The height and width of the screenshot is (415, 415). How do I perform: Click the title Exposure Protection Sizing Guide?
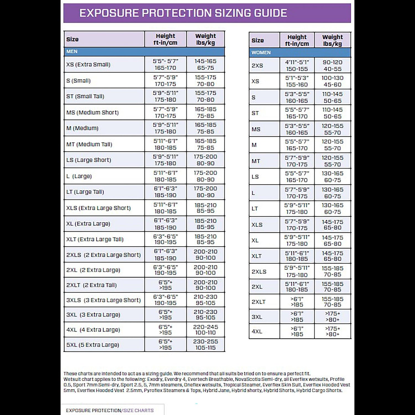click(x=183, y=13)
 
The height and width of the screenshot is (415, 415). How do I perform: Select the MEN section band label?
click(x=72, y=51)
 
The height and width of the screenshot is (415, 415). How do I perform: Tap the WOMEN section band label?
click(x=261, y=53)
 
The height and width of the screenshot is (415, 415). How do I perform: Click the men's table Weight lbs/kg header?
click(x=206, y=39)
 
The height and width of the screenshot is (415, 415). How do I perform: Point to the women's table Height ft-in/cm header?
click(x=297, y=40)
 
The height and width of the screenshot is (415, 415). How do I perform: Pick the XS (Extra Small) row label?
click(x=88, y=64)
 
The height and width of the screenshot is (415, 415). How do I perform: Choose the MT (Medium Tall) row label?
click(x=89, y=144)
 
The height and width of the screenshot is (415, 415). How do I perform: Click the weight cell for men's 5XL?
click(x=206, y=344)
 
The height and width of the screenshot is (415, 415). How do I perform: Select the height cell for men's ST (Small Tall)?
click(x=165, y=96)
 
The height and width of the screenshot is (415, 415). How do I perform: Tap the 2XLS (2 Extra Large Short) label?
click(x=103, y=255)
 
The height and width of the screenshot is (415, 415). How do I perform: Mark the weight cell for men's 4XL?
click(x=206, y=330)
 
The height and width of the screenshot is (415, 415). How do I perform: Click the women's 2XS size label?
click(x=257, y=66)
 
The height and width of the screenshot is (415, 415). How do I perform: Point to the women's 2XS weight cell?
click(x=333, y=66)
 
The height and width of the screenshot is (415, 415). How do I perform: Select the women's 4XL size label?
click(x=257, y=331)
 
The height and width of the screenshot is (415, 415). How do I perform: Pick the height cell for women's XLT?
click(x=297, y=256)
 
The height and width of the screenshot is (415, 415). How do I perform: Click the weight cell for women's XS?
click(x=333, y=81)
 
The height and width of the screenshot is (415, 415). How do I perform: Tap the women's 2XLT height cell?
click(x=297, y=302)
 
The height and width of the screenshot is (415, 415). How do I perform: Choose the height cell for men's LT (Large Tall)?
click(x=165, y=192)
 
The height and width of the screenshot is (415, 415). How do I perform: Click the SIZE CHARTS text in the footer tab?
click(x=138, y=410)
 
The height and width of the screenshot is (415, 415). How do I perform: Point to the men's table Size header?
click(x=72, y=39)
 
